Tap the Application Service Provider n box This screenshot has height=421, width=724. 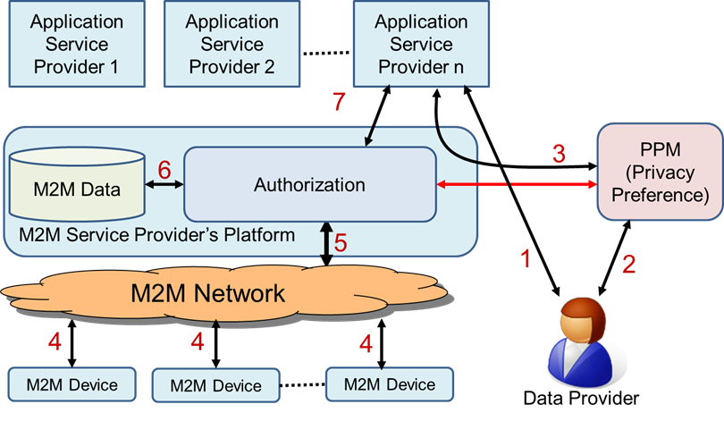click(x=420, y=44)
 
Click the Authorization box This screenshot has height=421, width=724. click(x=309, y=185)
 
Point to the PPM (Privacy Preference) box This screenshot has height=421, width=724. click(x=659, y=170)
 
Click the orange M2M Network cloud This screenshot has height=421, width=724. click(x=206, y=292)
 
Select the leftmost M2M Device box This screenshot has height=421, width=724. click(x=72, y=384)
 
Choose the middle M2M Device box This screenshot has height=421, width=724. click(x=216, y=385)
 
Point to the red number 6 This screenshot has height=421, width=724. click(x=164, y=169)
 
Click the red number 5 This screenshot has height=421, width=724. click(x=341, y=241)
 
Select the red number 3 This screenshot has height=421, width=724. click(x=559, y=154)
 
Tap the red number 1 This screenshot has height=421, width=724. click(x=526, y=259)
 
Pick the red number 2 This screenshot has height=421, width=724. click(x=629, y=264)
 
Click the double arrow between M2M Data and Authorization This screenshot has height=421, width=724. click(x=164, y=185)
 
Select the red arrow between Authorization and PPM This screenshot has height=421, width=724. click(x=517, y=185)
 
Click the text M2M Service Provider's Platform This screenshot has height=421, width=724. click(x=157, y=235)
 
